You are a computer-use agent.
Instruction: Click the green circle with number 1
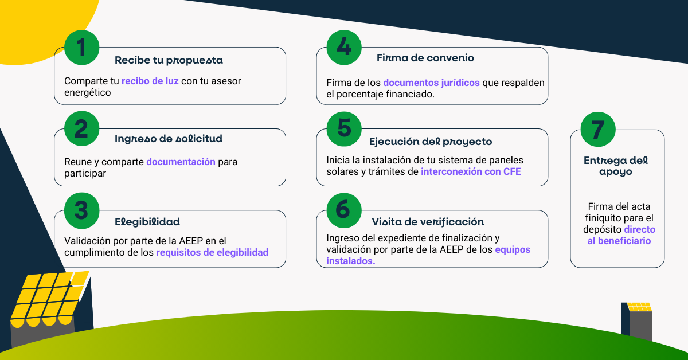(81, 48)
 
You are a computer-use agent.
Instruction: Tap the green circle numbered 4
(344, 46)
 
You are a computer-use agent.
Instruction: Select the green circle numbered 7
(598, 129)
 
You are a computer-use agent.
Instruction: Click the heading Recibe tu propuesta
(169, 60)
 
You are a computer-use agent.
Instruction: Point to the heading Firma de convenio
(425, 58)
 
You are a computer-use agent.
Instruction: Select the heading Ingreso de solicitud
(169, 139)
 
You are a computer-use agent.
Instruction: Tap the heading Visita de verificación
(428, 222)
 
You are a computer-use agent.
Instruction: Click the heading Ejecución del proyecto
(431, 142)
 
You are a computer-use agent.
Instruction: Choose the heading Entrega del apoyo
(616, 166)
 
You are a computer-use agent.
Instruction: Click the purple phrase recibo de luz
(150, 81)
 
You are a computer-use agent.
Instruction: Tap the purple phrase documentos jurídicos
(431, 83)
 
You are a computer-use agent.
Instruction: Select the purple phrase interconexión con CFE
(471, 171)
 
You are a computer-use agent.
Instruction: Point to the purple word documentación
(181, 162)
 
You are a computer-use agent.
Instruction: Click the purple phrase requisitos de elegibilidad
(212, 252)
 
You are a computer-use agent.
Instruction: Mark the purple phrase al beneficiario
(619, 241)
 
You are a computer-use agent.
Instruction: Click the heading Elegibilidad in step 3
(147, 221)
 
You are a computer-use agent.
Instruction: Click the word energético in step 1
(87, 92)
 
